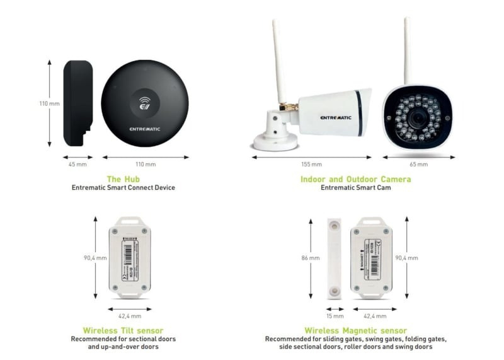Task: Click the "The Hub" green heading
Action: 123,179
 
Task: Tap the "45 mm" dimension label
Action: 77,165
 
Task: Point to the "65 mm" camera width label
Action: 418,165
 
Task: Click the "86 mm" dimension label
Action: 310,258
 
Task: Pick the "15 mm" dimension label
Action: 335,316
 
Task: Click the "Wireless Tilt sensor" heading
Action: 123,330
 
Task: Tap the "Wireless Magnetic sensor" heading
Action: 356,330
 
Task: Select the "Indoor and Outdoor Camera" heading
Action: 356,179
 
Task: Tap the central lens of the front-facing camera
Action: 418,117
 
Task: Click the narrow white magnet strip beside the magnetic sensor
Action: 334,257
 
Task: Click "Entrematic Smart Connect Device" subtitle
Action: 123,188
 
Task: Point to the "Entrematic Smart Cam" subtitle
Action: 356,188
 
